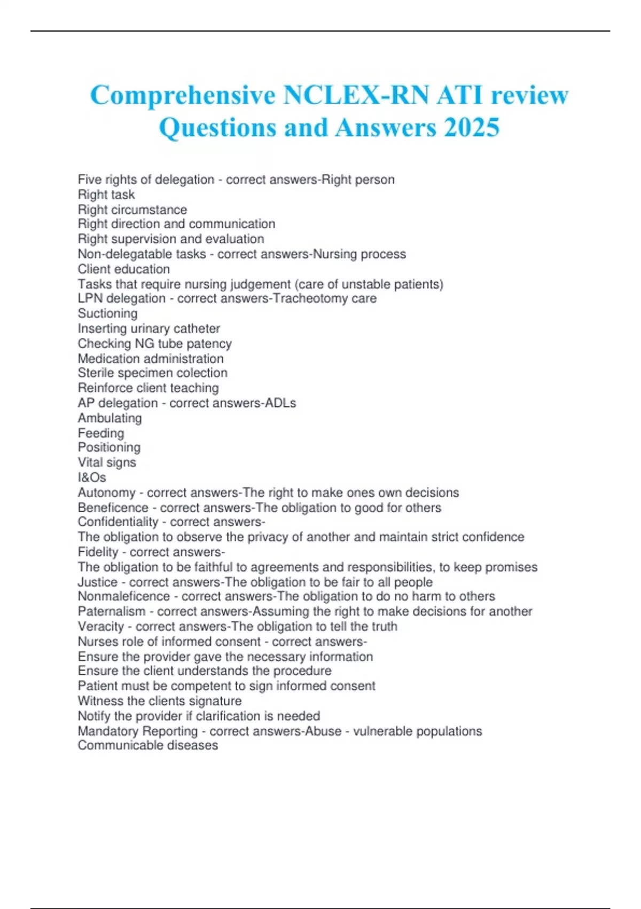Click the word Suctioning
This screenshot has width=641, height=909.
107,314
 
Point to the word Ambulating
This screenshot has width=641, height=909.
110,418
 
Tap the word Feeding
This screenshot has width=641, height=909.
100,433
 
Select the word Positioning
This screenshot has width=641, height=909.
109,448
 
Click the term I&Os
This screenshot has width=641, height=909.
92,477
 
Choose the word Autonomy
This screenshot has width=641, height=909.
106,493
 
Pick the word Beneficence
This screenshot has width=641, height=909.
113,508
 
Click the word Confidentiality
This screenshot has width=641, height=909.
118,522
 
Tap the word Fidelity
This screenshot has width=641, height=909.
98,552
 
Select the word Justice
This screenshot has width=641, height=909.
97,582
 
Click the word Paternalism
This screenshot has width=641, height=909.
111,612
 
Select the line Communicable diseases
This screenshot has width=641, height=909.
147,745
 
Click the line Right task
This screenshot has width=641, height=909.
106,195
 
